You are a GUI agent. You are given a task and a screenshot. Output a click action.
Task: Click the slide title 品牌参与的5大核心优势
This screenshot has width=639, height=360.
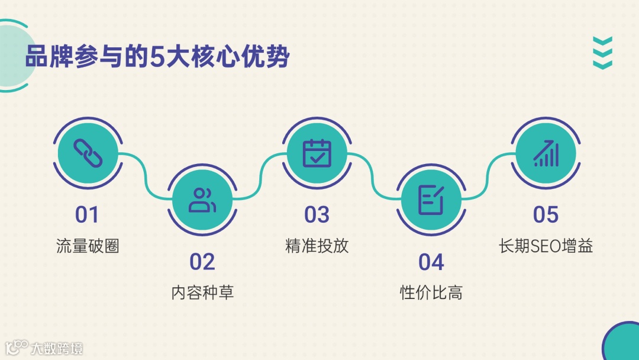click(157, 59)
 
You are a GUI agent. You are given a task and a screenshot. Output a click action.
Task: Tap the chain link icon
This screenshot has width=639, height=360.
click(88, 153)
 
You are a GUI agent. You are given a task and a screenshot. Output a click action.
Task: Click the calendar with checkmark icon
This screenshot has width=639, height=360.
click(317, 153)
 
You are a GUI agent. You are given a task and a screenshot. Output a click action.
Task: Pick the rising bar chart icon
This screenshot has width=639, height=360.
click(546, 153)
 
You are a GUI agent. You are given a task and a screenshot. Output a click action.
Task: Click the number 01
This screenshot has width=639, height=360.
click(87, 215)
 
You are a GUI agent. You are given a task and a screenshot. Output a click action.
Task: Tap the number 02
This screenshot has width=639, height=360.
click(202, 262)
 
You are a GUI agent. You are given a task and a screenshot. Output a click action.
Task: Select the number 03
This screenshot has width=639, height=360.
click(317, 215)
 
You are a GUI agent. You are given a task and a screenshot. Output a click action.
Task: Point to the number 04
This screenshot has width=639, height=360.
click(431, 262)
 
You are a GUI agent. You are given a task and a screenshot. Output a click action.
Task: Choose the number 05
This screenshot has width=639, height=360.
click(546, 215)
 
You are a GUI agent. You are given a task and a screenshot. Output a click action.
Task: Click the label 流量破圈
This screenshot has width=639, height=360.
click(88, 246)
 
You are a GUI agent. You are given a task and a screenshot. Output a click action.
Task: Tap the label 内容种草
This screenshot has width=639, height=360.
click(202, 292)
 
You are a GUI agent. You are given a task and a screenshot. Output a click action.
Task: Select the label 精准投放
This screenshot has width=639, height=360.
click(317, 246)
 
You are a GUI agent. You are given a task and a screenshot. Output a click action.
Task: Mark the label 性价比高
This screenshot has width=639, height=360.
click(431, 292)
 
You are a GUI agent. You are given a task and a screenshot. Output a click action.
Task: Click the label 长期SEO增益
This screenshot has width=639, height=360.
click(546, 246)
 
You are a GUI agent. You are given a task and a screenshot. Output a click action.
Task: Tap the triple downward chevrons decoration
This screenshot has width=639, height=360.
click(602, 53)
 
